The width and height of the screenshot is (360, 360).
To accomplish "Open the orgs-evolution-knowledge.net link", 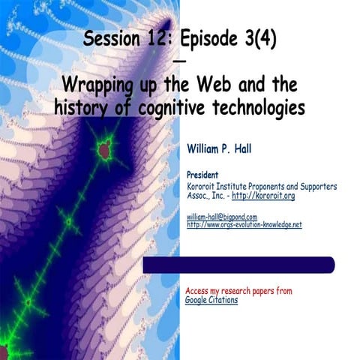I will (244, 224).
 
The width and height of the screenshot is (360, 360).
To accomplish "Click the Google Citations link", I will (211, 300).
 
